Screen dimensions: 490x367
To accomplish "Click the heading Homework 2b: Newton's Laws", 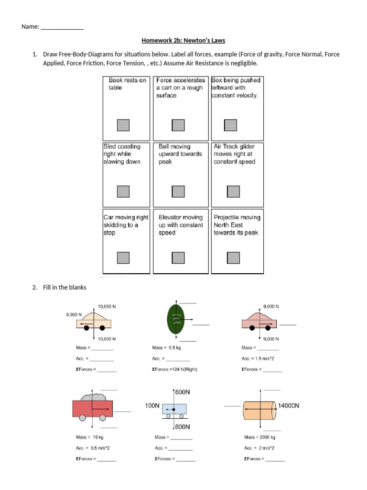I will (x=183, y=41).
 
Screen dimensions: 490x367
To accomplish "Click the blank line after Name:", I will (x=62, y=28).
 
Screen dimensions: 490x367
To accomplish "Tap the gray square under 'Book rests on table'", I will (x=123, y=125).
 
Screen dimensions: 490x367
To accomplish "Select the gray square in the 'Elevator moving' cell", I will (x=178, y=257).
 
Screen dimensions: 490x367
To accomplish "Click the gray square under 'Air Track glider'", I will (x=233, y=191).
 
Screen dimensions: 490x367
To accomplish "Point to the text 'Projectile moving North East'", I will (x=237, y=225).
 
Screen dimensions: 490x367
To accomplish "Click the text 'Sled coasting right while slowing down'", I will (x=122, y=154).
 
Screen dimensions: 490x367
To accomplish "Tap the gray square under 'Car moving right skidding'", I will (x=123, y=257).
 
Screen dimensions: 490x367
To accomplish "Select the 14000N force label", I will (x=289, y=405).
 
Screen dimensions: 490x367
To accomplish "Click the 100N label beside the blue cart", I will (x=152, y=406).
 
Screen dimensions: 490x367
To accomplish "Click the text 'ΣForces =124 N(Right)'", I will (x=174, y=369).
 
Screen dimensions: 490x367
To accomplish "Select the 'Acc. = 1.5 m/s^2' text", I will (x=258, y=359).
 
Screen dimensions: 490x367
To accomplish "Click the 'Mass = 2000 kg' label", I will (x=259, y=437).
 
